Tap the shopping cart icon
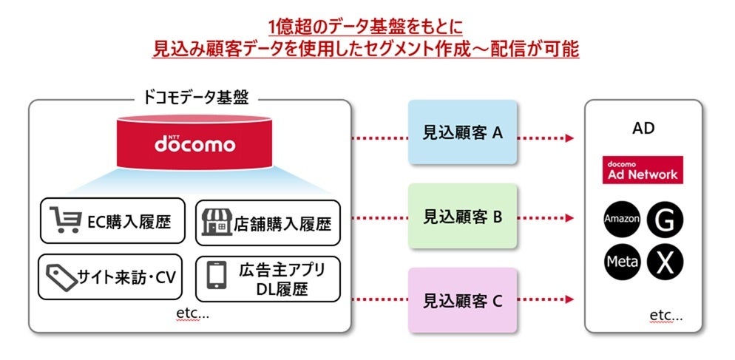point(64,220)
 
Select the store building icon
point(217,221)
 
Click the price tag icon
point(61,277)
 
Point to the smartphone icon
point(216,276)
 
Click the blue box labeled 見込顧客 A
point(462,133)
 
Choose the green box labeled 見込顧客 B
point(462,217)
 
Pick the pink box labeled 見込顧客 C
point(462,300)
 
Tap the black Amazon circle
point(622,220)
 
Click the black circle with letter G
point(663,220)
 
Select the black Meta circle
point(622,261)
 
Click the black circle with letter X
point(663,261)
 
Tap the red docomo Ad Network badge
point(642,170)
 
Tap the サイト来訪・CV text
point(126,278)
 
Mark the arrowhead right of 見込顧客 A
point(569,138)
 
